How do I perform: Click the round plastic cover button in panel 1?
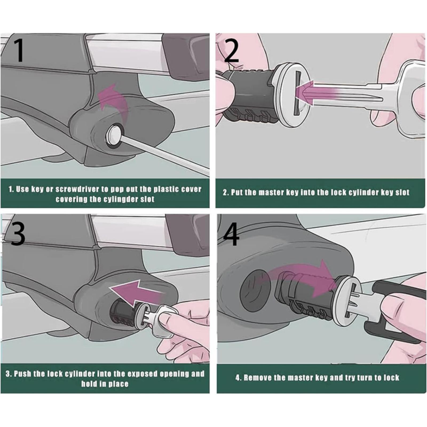[x=114, y=135]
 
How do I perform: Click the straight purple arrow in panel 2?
[x=318, y=92]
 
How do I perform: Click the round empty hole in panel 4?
[x=256, y=290]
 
